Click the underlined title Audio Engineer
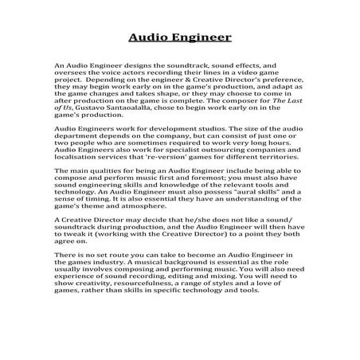click(x=180, y=37)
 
